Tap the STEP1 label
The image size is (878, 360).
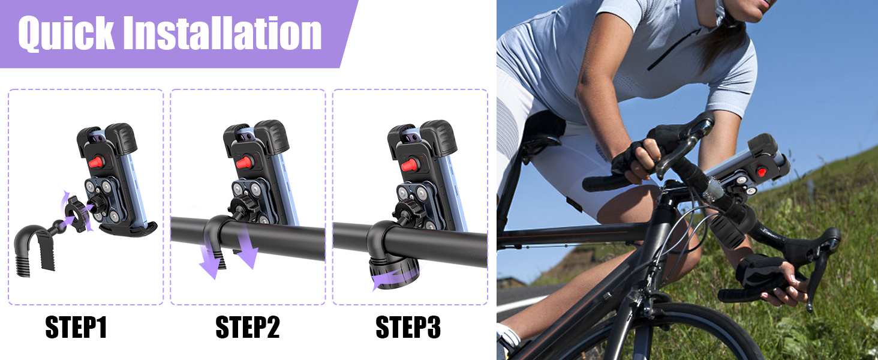pyautogui.click(x=76, y=328)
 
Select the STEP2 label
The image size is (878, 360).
pyautogui.click(x=248, y=328)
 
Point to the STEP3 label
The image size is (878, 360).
pyautogui.click(x=408, y=328)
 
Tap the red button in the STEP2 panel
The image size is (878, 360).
pyautogui.click(x=242, y=162)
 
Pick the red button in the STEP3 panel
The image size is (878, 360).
pyautogui.click(x=408, y=164)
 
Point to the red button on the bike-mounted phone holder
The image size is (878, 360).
pyautogui.click(x=762, y=172)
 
